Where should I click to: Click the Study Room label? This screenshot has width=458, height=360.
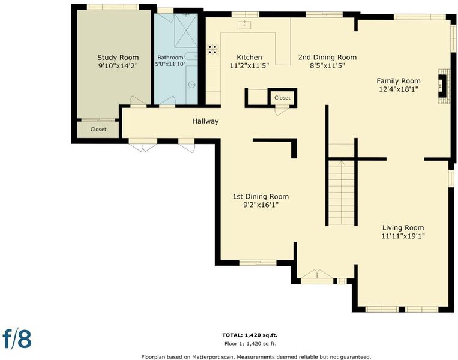(x=118, y=58)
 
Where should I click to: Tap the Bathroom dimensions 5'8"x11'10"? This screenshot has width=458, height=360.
(x=170, y=64)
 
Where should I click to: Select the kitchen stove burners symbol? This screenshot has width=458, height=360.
(x=212, y=49)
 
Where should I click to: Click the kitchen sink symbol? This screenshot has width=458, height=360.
(x=244, y=25)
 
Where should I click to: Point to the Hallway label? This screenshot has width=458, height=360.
(x=205, y=121)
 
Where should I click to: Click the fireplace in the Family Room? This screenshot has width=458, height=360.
(x=442, y=86)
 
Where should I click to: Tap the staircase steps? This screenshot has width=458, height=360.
(x=341, y=193)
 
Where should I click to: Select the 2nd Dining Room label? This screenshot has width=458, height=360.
(x=327, y=57)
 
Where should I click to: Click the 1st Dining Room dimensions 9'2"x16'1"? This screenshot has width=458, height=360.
(x=261, y=205)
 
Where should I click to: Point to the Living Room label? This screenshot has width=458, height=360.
(x=403, y=228)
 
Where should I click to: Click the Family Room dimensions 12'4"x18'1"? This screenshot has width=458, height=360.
(x=399, y=89)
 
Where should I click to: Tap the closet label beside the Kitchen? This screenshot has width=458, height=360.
(x=282, y=98)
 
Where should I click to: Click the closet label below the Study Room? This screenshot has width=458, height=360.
(x=98, y=130)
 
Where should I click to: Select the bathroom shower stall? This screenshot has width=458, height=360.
(x=185, y=30)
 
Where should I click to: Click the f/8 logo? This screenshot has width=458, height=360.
(x=17, y=338)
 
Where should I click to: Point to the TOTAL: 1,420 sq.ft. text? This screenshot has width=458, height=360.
(x=250, y=335)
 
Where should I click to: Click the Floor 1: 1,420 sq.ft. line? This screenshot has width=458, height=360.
(x=250, y=344)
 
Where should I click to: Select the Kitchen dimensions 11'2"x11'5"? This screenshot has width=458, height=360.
(x=249, y=65)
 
